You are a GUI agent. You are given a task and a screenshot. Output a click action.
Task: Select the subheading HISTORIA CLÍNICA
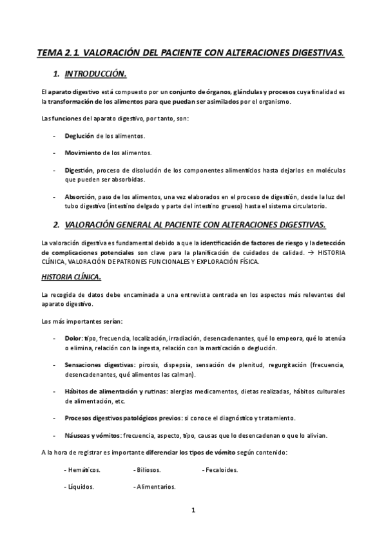(x=70, y=277)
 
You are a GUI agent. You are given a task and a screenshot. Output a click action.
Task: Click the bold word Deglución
(x=79, y=136)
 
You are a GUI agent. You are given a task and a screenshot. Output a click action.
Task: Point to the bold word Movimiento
(x=83, y=153)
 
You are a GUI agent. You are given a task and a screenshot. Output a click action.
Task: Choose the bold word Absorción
(x=80, y=196)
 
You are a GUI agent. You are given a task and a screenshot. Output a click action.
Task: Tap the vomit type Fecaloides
(x=221, y=469)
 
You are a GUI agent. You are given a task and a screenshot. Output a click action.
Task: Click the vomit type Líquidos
(x=81, y=486)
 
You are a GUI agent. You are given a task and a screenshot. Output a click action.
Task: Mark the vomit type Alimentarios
(x=156, y=486)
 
